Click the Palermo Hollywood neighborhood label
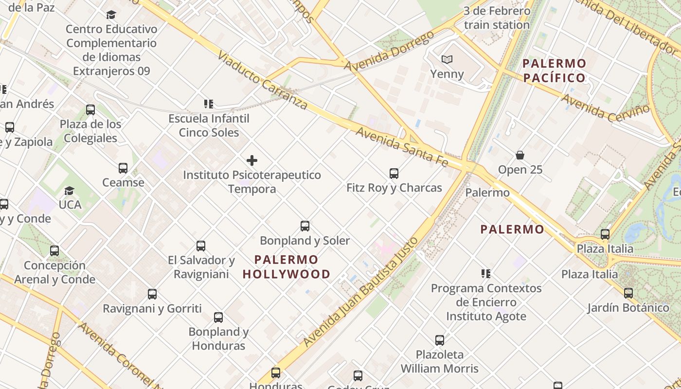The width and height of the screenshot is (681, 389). [287, 267]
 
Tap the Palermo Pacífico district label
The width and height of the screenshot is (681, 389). [555, 71]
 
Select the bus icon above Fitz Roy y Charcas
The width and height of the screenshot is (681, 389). [394, 174]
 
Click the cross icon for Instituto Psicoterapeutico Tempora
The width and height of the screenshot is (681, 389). [252, 160]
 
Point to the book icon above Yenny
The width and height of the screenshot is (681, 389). [447, 60]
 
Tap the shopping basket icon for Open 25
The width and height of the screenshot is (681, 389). [520, 156]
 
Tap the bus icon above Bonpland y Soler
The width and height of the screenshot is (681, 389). [305, 226]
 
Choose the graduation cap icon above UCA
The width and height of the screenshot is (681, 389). [70, 191]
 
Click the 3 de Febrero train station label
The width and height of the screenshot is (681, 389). [497, 18]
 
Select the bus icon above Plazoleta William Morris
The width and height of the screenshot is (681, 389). [440, 340]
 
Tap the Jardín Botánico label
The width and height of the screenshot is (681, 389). [628, 308]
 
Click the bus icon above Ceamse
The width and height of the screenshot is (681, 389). [123, 169]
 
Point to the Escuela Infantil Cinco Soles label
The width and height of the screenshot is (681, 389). [209, 125]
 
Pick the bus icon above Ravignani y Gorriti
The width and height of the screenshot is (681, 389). [152, 294]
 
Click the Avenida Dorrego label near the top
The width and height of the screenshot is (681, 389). [389, 51]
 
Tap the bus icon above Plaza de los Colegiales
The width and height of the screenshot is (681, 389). [90, 110]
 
